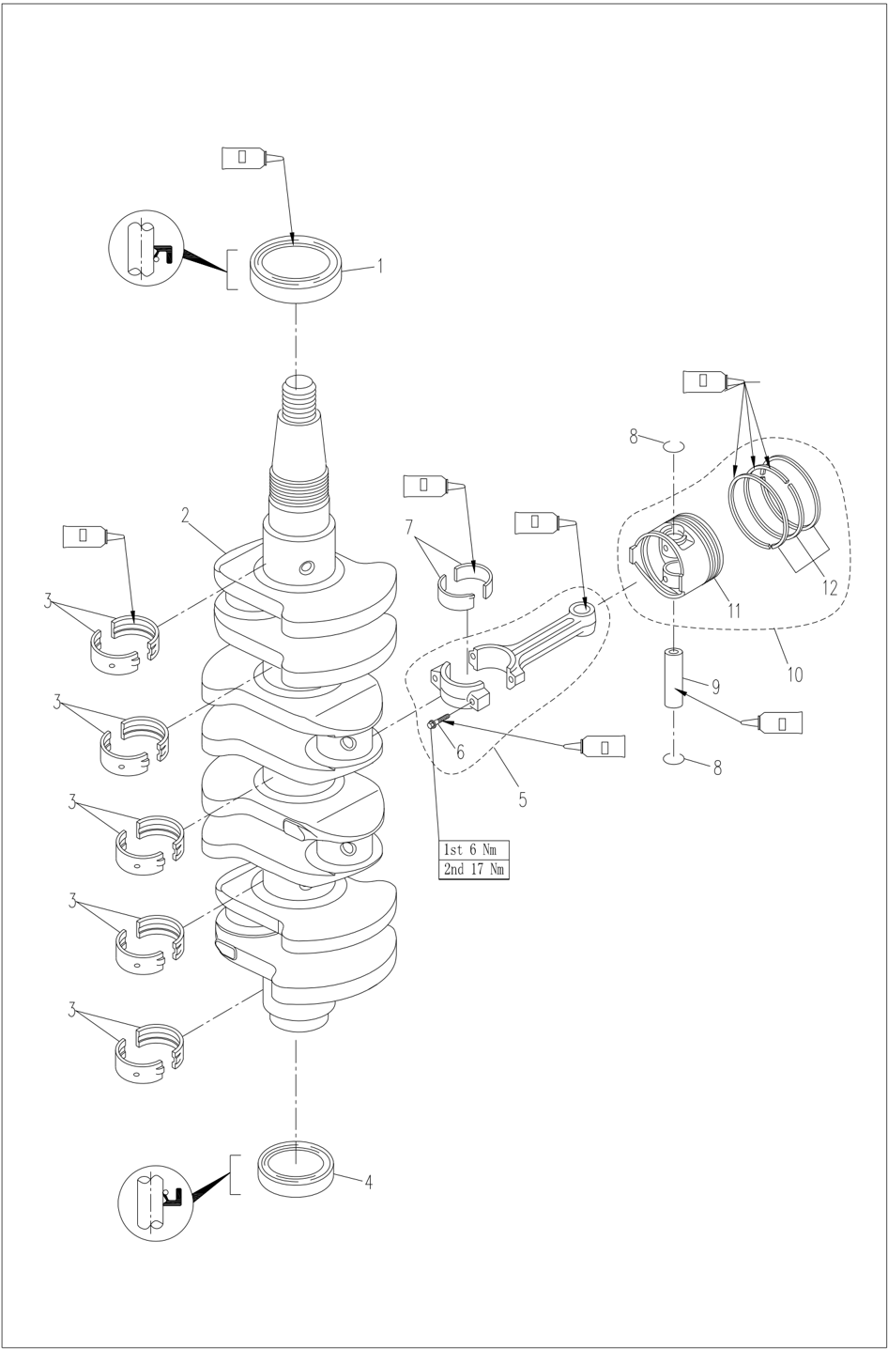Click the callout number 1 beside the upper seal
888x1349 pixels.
[380, 267]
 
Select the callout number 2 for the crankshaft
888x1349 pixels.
[186, 515]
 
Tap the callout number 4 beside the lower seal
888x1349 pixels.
[368, 1183]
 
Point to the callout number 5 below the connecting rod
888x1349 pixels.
[522, 800]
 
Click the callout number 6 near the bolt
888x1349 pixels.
[460, 752]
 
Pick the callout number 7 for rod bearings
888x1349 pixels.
[409, 528]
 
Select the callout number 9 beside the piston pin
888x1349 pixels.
[715, 688]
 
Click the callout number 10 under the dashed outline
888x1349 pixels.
[794, 674]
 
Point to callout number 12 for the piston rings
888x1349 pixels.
[829, 589]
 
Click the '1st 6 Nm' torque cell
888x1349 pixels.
[474, 850]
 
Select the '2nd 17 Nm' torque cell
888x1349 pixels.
[474, 870]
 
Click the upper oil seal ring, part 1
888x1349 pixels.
[296, 269]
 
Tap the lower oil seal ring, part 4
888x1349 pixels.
[295, 1168]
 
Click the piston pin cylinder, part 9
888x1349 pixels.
[675, 678]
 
